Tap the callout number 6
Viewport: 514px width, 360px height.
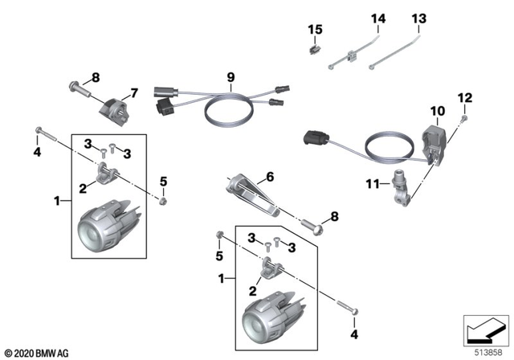(270, 175)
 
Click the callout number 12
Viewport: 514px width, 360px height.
(464, 98)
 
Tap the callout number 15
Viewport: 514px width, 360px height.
(316, 30)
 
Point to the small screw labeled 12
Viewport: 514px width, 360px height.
(465, 119)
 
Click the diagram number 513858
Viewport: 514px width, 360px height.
(484, 351)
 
